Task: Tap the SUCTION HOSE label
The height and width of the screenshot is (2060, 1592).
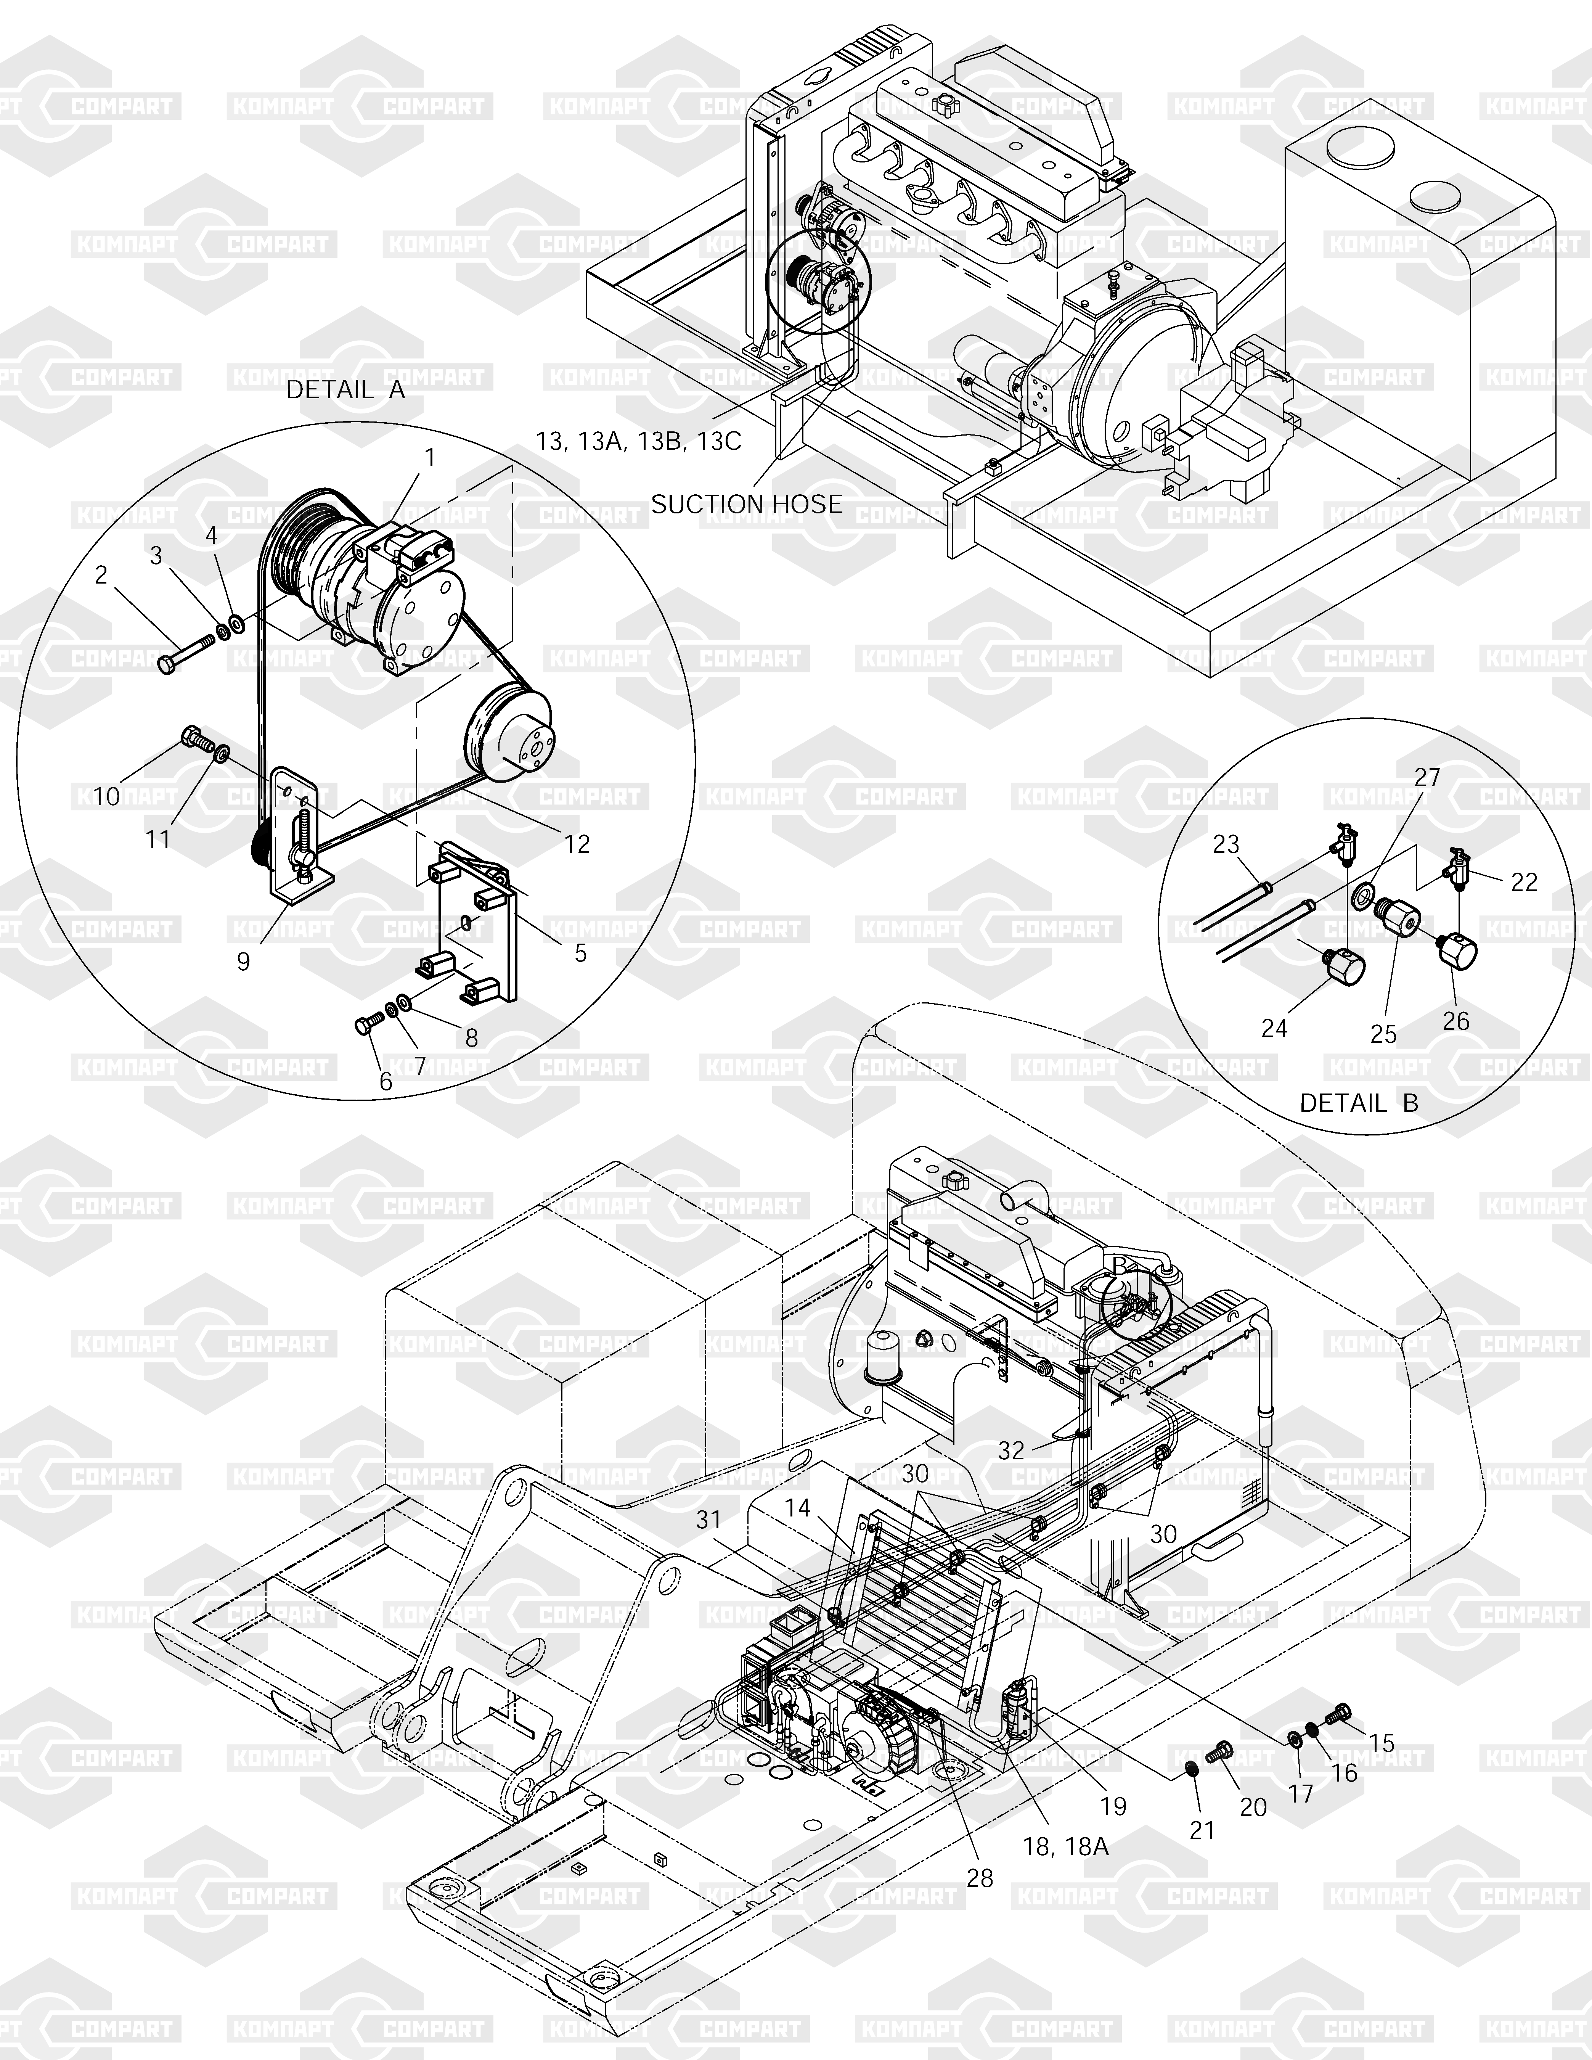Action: (746, 505)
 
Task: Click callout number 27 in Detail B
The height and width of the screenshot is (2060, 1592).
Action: (1427, 777)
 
